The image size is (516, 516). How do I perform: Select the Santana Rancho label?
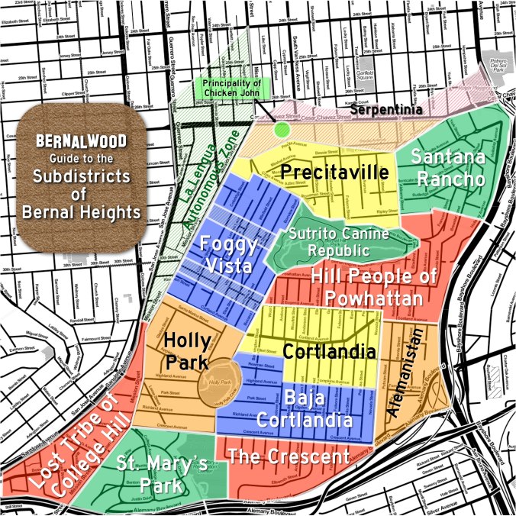click(447, 168)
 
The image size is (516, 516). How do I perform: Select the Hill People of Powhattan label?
click(366, 288)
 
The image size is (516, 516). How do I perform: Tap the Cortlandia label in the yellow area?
click(329, 352)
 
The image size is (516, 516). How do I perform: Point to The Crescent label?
click(289, 457)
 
